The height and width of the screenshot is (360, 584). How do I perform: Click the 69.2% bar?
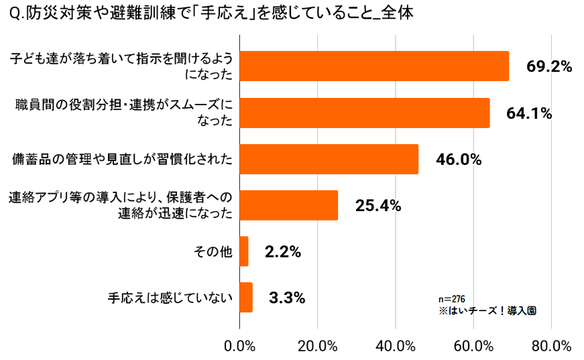coord(374,66)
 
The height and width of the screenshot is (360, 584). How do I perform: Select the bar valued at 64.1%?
coord(365,113)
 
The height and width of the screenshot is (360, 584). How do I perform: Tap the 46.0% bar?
coord(329,159)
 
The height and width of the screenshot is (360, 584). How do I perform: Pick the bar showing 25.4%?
coord(288,205)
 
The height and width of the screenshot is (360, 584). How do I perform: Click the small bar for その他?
coord(244,251)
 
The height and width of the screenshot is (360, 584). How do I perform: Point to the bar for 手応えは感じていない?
coord(246,297)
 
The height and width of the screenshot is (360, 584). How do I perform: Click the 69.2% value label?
coord(548,66)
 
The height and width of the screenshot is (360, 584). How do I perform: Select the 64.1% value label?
coord(529,113)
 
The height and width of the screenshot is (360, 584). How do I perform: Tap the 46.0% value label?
coord(459,160)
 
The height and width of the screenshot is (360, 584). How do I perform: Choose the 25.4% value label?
coord(378,206)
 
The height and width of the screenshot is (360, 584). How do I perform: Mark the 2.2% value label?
coord(282,252)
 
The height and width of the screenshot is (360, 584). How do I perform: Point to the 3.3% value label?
coord(287,298)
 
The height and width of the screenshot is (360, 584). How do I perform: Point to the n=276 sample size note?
coord(452,298)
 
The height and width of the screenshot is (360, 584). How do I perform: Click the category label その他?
coord(213,252)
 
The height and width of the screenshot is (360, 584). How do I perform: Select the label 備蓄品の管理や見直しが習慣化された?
coord(123,160)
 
